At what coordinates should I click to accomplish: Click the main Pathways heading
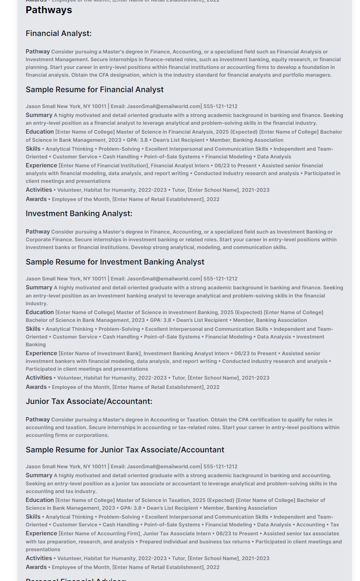[49, 10]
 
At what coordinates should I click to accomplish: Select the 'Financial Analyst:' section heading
[58, 34]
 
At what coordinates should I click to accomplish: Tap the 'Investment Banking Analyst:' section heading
[79, 214]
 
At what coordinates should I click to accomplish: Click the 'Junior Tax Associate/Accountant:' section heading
[89, 402]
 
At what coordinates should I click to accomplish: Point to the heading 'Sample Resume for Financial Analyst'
[94, 90]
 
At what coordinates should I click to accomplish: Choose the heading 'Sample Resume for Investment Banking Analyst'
[115, 262]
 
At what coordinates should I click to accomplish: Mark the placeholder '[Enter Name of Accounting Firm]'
[99, 534]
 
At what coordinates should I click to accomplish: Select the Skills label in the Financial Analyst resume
[33, 149]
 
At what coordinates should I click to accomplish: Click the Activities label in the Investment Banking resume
[39, 378]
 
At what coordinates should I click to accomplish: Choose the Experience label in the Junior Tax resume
[41, 534]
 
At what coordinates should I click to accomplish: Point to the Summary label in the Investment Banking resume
[39, 288]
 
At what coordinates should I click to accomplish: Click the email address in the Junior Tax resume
[163, 467]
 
